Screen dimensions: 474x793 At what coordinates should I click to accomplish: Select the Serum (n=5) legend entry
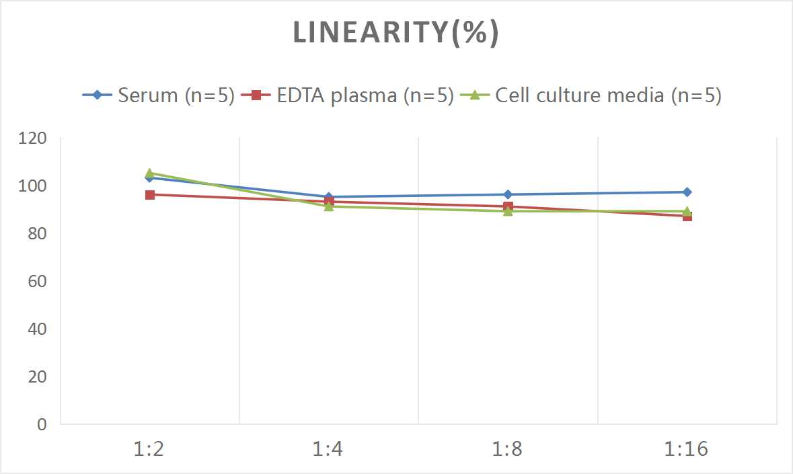click(x=159, y=95)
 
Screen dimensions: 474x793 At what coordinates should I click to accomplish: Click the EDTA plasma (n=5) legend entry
click(x=349, y=95)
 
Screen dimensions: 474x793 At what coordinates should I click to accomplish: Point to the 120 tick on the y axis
click(x=33, y=139)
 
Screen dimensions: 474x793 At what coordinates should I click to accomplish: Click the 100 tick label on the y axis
click(x=33, y=186)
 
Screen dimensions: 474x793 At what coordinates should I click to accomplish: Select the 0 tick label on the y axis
click(x=42, y=424)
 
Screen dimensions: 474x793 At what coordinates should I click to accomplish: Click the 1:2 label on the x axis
click(x=149, y=449)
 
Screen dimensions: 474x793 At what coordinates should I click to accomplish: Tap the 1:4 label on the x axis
click(x=328, y=449)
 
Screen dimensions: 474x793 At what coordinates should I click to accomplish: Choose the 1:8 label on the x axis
click(x=508, y=449)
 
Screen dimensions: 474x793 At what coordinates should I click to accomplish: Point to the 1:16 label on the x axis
click(x=687, y=449)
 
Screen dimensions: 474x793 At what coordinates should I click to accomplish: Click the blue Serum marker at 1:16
click(x=687, y=192)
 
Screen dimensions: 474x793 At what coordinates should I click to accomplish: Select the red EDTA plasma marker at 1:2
click(x=150, y=195)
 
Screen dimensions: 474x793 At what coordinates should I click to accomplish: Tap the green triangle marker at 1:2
click(x=150, y=173)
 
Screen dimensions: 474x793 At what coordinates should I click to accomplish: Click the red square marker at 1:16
click(x=687, y=216)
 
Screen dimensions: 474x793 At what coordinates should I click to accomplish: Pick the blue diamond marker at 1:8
click(x=508, y=195)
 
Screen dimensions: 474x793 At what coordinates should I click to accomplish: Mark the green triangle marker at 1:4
click(x=329, y=206)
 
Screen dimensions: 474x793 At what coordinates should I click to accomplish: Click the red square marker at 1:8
click(x=508, y=206)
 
